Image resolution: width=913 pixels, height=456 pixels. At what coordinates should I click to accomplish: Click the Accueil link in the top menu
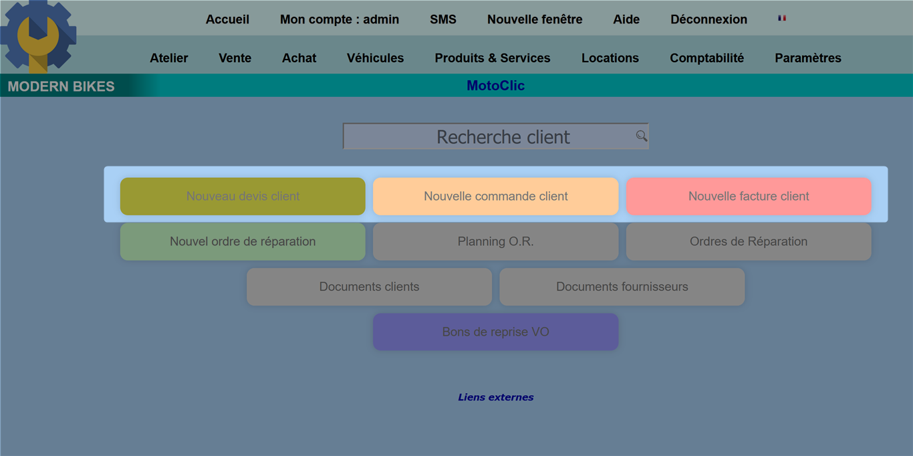tap(227, 19)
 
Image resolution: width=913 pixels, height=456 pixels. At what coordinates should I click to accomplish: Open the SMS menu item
tap(443, 19)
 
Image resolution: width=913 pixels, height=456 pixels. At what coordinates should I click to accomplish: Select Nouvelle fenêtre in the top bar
tap(535, 19)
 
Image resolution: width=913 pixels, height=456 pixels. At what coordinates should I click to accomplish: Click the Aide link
tap(626, 19)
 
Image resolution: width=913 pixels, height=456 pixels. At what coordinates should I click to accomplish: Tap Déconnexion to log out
tap(708, 19)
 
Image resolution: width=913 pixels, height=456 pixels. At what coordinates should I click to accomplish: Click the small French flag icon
tap(782, 18)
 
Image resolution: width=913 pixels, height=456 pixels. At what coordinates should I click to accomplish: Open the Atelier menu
tap(168, 58)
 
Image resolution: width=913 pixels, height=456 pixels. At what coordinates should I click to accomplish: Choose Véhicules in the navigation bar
tap(375, 58)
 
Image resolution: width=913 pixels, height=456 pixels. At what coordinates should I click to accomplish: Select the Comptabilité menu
tap(706, 58)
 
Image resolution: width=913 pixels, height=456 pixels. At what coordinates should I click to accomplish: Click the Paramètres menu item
tap(808, 58)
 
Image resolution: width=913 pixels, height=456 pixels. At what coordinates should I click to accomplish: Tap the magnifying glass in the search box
tap(642, 136)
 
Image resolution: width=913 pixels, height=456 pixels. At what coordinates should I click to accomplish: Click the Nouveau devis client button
tap(243, 196)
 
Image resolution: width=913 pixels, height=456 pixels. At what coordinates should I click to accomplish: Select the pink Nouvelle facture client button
tap(749, 196)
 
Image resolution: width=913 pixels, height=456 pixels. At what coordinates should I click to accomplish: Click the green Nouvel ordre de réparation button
tap(243, 241)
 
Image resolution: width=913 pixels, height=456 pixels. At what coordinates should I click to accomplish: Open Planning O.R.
tap(496, 241)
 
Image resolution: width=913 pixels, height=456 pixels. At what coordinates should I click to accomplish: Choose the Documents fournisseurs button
tap(622, 287)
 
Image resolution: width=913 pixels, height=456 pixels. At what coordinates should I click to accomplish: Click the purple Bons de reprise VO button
tap(496, 332)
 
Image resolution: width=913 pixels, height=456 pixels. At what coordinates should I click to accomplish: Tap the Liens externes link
tap(496, 397)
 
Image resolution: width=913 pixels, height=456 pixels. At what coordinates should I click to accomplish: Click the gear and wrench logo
tap(38, 37)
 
